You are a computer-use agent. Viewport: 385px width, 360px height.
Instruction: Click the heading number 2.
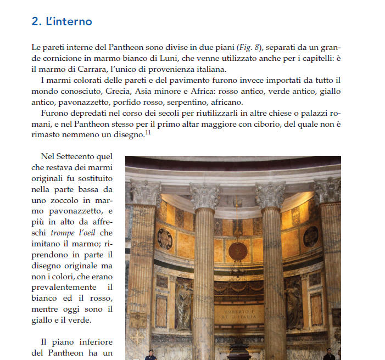(36, 22)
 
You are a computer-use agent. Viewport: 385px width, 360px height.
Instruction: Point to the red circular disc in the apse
(238, 251)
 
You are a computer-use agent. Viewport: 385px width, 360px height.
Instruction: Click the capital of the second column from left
(205, 196)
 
